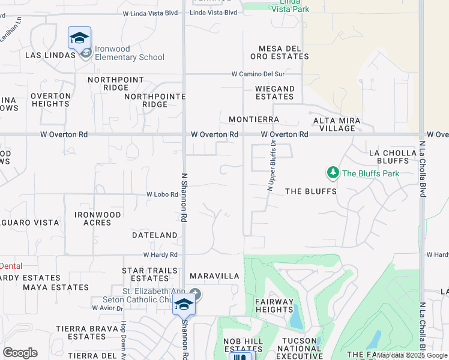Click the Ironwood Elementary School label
click(129, 58)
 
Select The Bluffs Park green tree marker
click(333, 173)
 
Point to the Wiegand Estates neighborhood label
click(275, 93)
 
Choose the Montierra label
click(254, 120)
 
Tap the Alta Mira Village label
click(337, 125)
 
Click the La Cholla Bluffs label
click(393, 157)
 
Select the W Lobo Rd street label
click(162, 195)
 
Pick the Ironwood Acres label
click(98, 218)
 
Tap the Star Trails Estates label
click(149, 275)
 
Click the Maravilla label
click(214, 277)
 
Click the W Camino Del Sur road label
click(258, 74)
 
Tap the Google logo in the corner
click(20, 353)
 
